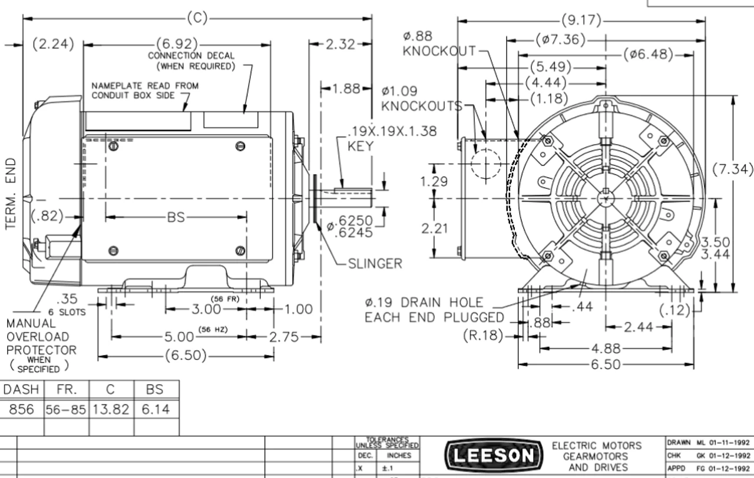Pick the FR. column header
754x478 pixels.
click(x=66, y=390)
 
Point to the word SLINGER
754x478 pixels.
click(x=375, y=263)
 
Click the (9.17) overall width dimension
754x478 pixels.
click(x=581, y=21)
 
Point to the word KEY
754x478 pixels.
click(x=361, y=146)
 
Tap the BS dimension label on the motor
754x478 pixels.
click(x=176, y=217)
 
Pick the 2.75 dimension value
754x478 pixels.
click(x=285, y=337)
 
